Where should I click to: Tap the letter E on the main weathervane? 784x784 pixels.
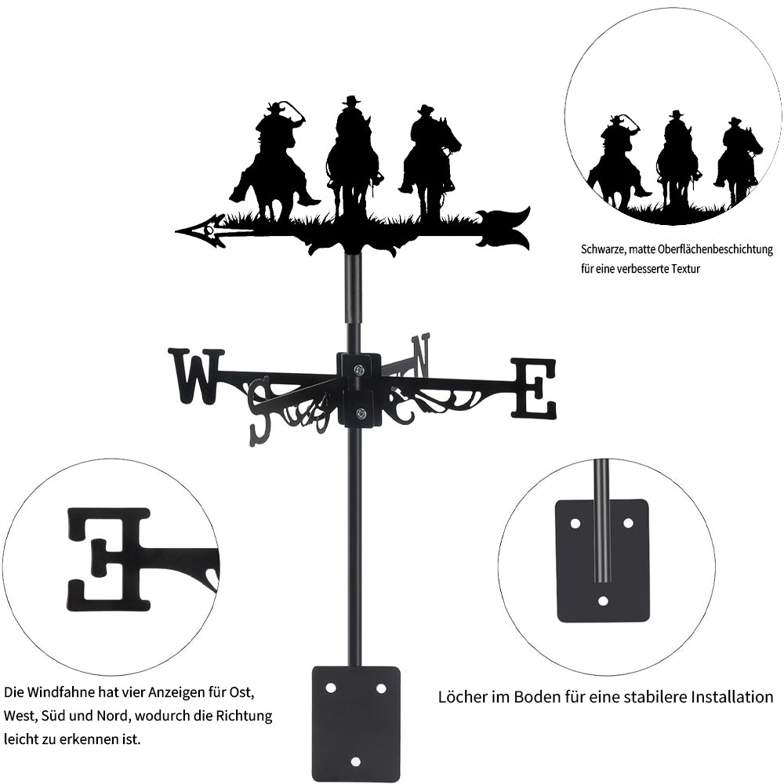pos(533,388)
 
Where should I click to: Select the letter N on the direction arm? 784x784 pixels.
pos(420,355)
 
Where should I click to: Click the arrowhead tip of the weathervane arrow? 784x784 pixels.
pos(176,231)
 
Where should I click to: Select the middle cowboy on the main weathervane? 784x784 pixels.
pos(352,156)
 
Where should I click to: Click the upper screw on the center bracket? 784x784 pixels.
pos(358,370)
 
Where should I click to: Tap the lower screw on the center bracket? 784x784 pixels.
pos(359,413)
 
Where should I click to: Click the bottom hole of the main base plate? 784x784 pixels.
pos(355,761)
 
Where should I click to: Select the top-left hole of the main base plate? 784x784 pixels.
pos(331,688)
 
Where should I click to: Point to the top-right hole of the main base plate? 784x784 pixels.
pos(381,688)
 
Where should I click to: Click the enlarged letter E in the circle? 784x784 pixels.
pos(109,559)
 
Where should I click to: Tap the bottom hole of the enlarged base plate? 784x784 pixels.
pos(604,600)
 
